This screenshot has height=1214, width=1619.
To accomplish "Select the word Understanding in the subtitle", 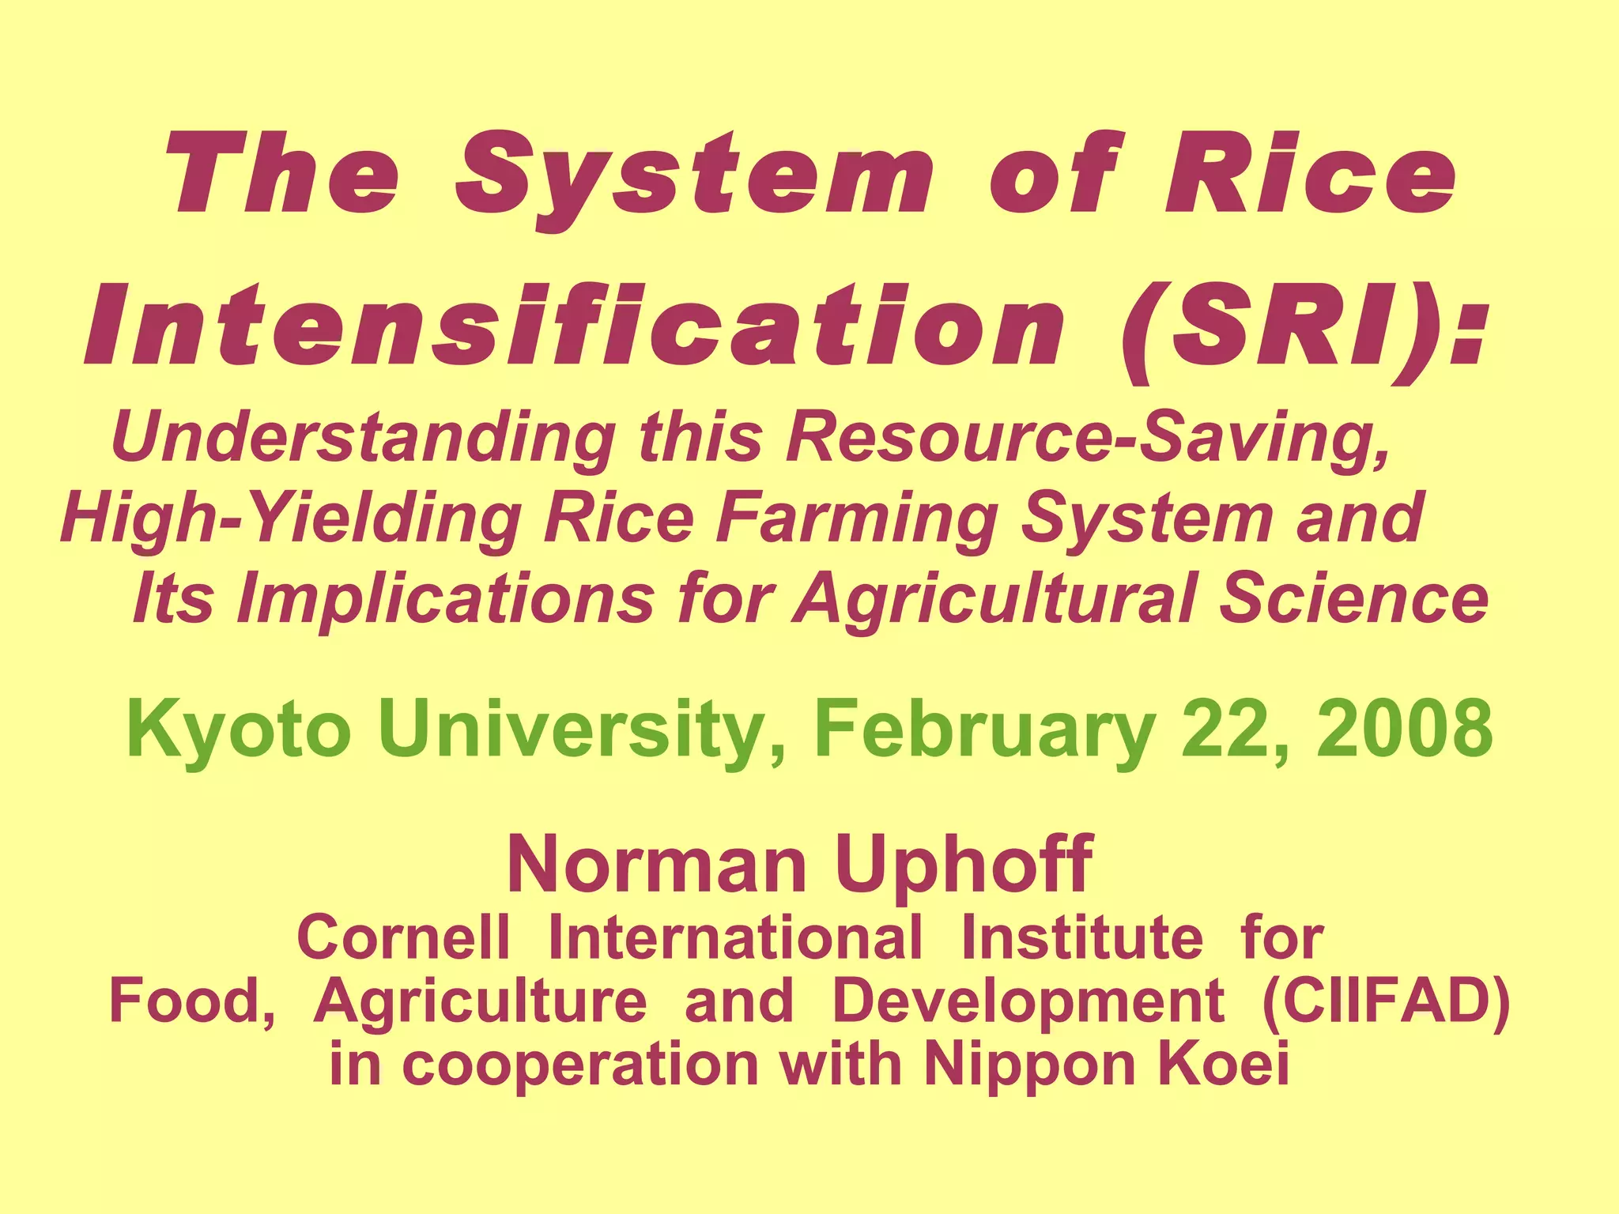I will (x=364, y=439).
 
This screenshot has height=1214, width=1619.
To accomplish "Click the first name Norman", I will (x=656, y=865).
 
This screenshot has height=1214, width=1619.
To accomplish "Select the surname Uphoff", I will (x=964, y=865).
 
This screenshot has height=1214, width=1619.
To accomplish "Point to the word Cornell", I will (x=403, y=938).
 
